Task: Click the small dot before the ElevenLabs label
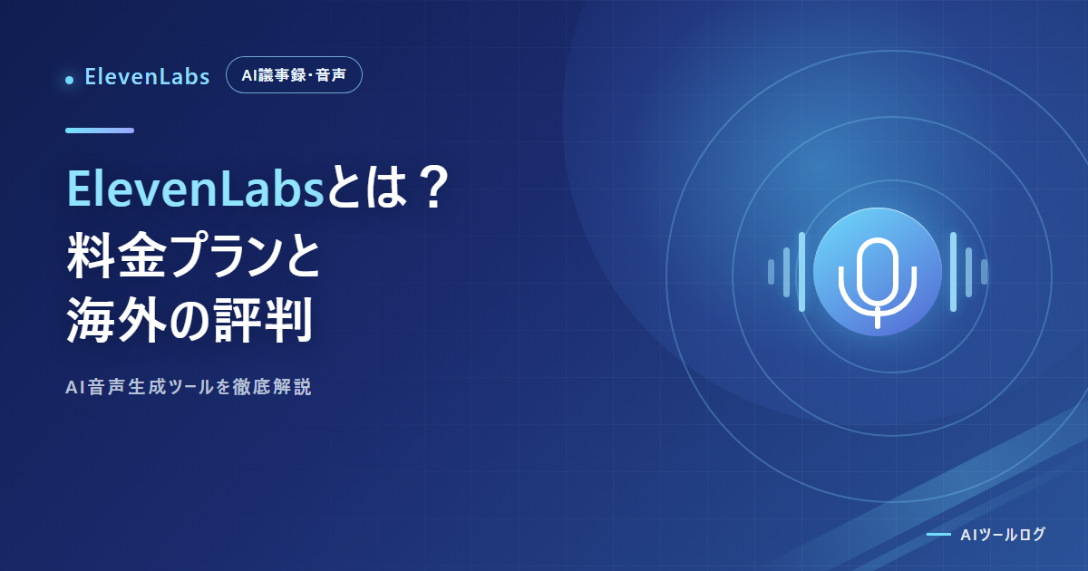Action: pyautogui.click(x=70, y=80)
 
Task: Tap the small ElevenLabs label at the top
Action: pyautogui.click(x=147, y=77)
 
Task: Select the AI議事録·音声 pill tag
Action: pyautogui.click(x=294, y=74)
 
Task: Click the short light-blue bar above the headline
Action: pyautogui.click(x=100, y=131)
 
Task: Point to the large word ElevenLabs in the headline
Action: pyautogui.click(x=195, y=189)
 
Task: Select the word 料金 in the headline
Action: pyautogui.click(x=117, y=255)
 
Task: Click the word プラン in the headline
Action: pyautogui.click(x=221, y=255)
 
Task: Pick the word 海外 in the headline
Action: pyautogui.click(x=117, y=321)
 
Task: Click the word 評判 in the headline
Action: pyautogui.click(x=263, y=321)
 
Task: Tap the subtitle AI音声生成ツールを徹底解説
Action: pyautogui.click(x=189, y=387)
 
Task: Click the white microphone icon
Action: pyautogui.click(x=878, y=283)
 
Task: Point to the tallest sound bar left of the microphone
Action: pyautogui.click(x=801, y=272)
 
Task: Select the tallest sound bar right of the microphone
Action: pyautogui.click(x=954, y=272)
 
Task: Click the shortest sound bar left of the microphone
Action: pyautogui.click(x=771, y=272)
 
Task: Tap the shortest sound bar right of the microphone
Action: pyautogui.click(x=984, y=272)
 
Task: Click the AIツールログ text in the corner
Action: pyautogui.click(x=1003, y=535)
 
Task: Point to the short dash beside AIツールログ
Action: pyautogui.click(x=938, y=534)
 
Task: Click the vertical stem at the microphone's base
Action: pyautogui.click(x=878, y=317)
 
